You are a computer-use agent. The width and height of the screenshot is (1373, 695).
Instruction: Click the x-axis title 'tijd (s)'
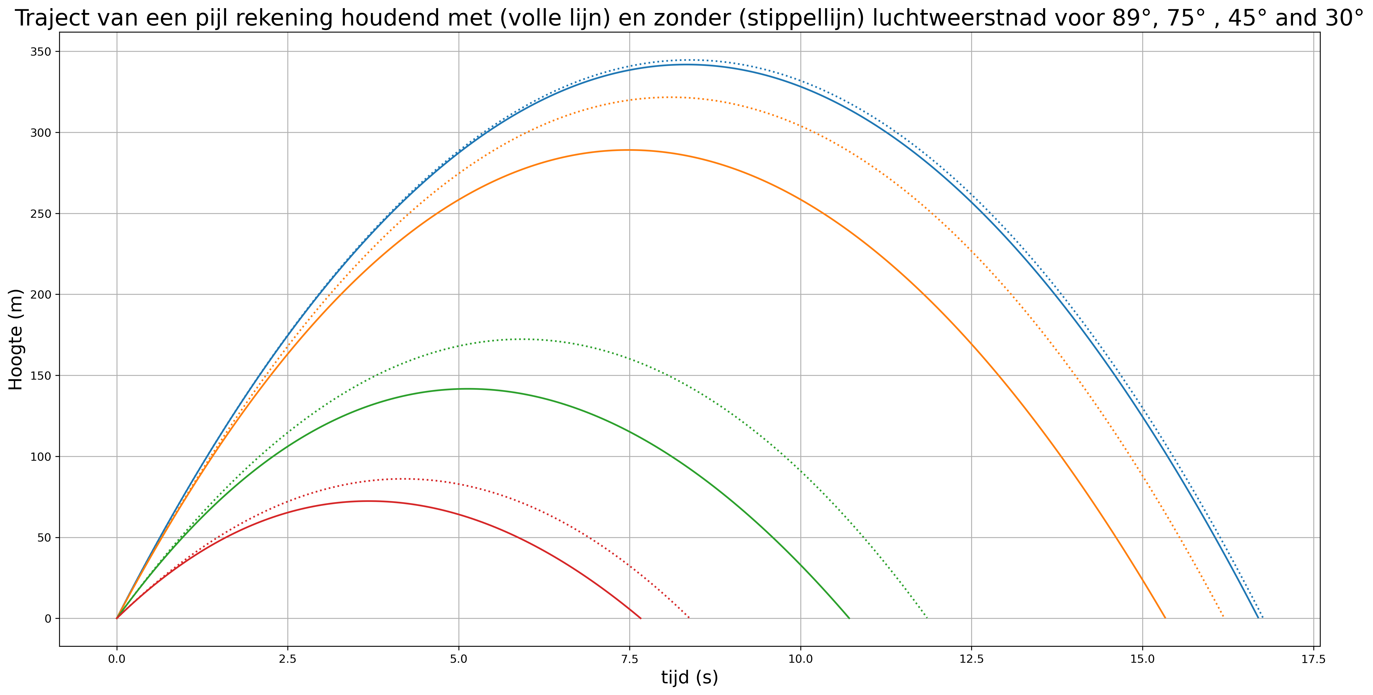(689, 677)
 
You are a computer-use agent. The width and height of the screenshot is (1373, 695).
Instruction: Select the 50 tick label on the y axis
(48, 538)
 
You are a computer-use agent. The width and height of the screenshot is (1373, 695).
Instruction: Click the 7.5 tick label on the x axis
(630, 659)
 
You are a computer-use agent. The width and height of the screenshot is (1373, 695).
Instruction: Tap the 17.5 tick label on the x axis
(1313, 659)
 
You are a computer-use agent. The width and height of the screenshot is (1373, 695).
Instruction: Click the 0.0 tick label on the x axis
(117, 659)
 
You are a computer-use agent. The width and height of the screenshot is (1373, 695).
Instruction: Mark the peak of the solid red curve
(368, 501)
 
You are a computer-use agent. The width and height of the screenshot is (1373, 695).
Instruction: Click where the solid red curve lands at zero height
(641, 618)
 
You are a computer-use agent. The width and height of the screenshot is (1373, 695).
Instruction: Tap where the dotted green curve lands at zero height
(928, 618)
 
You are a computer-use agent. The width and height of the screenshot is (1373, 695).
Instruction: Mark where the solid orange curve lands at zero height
(1165, 618)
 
